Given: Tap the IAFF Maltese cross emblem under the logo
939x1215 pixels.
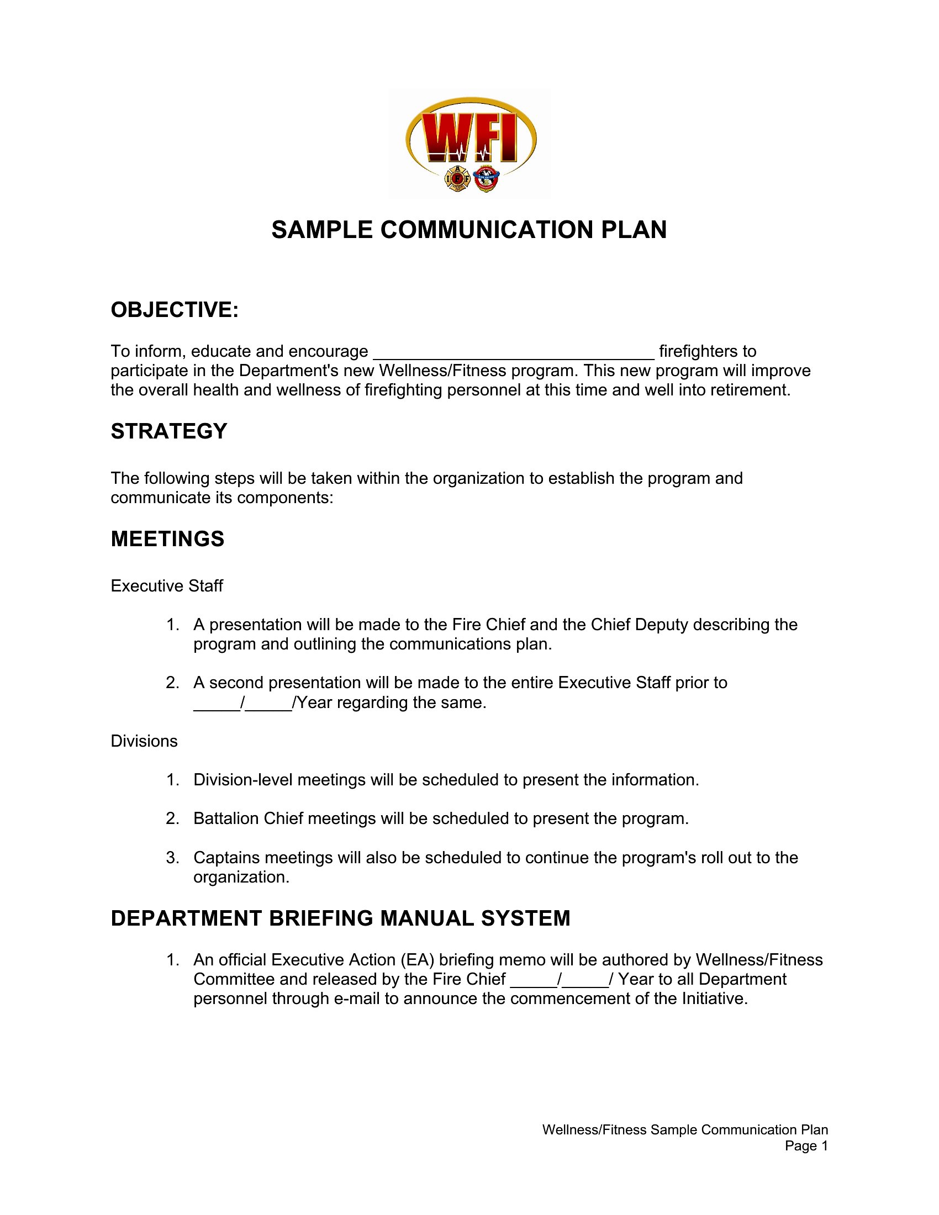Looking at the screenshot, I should [x=458, y=178].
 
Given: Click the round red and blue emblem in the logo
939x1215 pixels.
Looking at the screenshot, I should [x=486, y=178].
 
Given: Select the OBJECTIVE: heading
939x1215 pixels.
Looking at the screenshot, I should [x=175, y=310].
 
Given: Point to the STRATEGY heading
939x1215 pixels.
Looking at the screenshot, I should [x=169, y=431].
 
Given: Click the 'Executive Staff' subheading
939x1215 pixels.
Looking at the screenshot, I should [x=167, y=586].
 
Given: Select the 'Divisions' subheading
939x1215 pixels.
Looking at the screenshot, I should [x=144, y=741].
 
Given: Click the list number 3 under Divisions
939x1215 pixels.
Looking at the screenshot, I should [x=172, y=857].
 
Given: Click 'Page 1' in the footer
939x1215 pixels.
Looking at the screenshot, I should [x=806, y=1146].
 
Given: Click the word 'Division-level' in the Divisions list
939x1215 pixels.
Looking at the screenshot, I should [x=243, y=780].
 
